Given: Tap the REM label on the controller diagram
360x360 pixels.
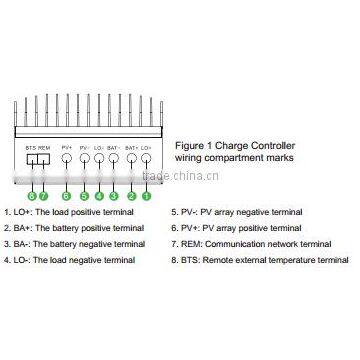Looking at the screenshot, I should coord(44,148).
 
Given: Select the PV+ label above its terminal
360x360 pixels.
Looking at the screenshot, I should coord(66,148).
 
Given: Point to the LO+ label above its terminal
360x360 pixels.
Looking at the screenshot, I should coord(146,148).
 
